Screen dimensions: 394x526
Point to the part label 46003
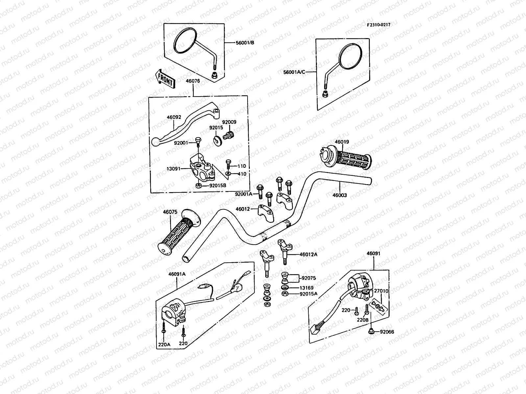340,195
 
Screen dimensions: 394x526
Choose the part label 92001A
244,194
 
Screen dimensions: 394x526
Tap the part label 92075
308,278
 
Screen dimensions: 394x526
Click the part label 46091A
177,274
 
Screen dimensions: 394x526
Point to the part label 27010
381,291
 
